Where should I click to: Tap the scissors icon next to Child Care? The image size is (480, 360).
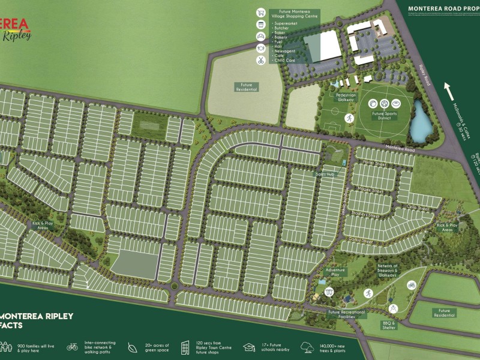point(261,60)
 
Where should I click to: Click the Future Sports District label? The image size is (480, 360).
point(386,115)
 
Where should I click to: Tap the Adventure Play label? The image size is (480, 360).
point(335,272)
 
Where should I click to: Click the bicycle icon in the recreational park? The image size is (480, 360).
point(412,285)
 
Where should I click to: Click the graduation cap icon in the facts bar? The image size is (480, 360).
point(248,347)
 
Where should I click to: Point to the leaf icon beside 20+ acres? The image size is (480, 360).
point(131,347)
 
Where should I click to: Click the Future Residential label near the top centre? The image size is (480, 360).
point(246,87)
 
